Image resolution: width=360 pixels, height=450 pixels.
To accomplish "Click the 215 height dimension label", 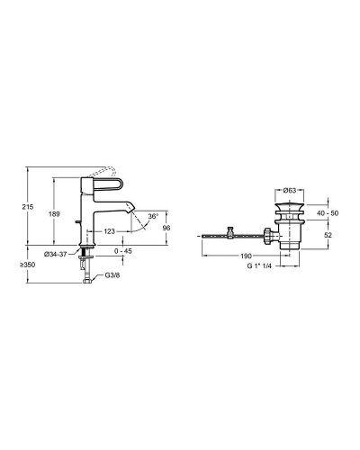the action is (x=28, y=207).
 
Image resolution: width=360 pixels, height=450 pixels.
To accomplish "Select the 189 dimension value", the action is (x=54, y=214).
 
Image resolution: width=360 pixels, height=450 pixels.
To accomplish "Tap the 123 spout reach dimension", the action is (x=110, y=231).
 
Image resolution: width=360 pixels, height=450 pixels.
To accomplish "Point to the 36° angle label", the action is (x=153, y=216).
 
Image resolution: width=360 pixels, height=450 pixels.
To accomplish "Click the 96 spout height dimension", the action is (x=166, y=228).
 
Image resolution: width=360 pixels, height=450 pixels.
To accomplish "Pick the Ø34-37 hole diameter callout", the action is (x=55, y=255).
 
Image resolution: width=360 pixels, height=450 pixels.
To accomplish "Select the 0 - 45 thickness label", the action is (x=123, y=251).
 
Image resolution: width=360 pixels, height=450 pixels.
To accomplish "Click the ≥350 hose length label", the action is (x=28, y=265).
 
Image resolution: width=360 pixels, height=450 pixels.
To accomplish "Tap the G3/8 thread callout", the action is (x=112, y=275).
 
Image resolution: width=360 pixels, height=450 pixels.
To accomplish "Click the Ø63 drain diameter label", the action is (x=290, y=190).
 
